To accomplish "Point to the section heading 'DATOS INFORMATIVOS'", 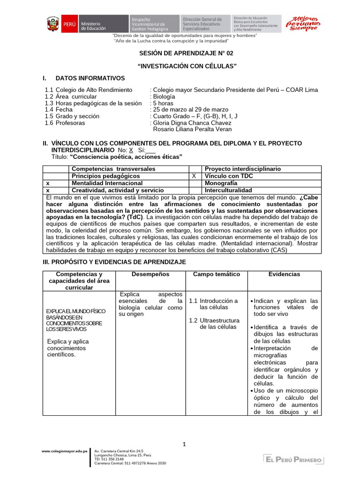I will (90, 78).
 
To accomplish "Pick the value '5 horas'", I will (163, 103).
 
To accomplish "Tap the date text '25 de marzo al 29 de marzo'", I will (190, 110).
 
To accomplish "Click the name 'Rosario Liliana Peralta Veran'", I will (193, 129).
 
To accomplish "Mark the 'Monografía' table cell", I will (221, 183).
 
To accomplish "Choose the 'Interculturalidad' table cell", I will (228, 190).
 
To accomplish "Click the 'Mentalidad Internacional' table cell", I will (107, 183).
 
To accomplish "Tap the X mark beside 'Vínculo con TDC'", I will (194, 176).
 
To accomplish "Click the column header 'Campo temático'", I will (216, 274).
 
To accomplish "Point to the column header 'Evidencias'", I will (284, 274).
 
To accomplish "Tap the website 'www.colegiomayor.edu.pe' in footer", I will (65, 451).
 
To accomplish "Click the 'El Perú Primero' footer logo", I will (293, 460).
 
